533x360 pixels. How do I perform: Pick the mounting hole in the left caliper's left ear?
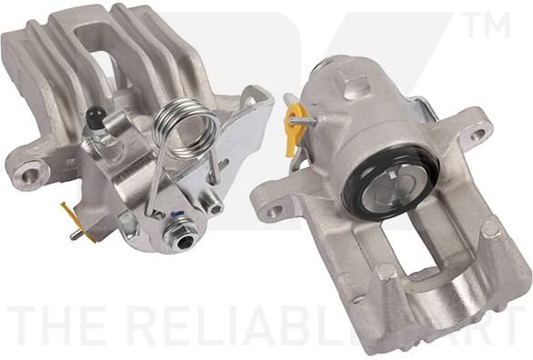pyautogui.click(x=31, y=171)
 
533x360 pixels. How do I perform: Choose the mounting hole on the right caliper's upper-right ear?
pyautogui.click(x=478, y=135)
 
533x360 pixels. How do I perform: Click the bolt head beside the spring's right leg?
pyautogui.click(x=214, y=206)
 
